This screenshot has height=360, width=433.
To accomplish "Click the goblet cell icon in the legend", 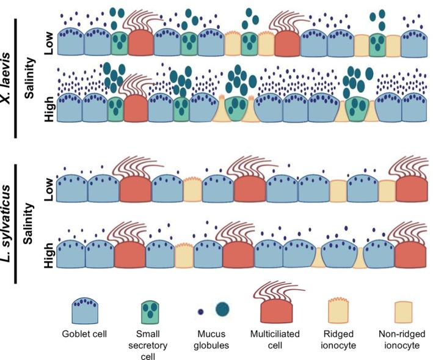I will click(85, 309).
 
